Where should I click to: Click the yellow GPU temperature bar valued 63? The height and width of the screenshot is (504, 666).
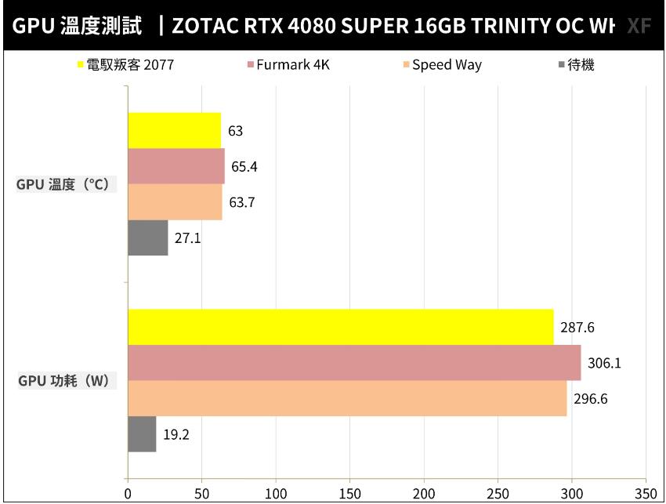(174, 131)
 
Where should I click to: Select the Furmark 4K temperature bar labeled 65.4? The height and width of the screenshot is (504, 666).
(176, 166)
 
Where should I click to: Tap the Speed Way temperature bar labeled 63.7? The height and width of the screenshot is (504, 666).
(175, 202)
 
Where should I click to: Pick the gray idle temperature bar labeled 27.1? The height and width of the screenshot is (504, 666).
(148, 237)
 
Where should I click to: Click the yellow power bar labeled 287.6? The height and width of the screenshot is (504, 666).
(340, 328)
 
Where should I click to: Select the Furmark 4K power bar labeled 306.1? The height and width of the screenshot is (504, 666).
(354, 363)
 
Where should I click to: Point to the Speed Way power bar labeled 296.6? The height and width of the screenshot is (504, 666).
(347, 398)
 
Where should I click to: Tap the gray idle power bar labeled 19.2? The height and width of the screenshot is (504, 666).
(142, 433)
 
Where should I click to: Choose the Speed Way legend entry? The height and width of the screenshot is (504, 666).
(445, 65)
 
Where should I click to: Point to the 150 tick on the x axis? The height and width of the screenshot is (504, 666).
(350, 494)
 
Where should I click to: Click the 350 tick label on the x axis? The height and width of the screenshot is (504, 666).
(646, 494)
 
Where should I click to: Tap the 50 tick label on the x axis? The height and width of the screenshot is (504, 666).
(202, 494)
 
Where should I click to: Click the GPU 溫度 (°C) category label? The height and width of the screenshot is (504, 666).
(64, 185)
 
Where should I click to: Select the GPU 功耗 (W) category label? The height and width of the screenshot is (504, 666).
(64, 382)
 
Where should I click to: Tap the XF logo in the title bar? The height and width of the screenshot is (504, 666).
(639, 26)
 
